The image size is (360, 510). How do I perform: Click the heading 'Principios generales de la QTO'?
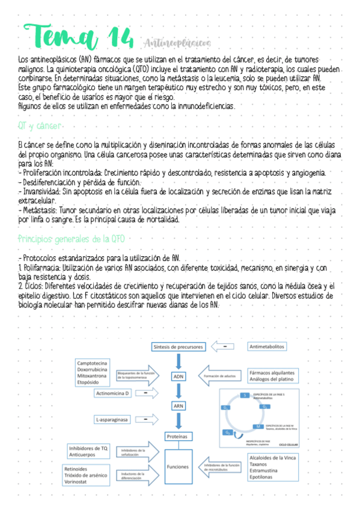tap(71, 239)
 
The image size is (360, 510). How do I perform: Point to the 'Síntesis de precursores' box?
tap(178, 347)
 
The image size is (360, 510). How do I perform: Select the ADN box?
tap(178, 376)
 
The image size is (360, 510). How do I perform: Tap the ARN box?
tap(178, 406)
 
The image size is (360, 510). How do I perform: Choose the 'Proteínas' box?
tap(178, 435)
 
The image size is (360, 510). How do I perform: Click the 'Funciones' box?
tap(178, 466)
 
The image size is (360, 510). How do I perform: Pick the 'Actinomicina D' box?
tap(113, 393)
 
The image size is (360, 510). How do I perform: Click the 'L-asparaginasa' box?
tap(112, 419)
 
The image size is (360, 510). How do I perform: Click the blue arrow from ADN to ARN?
tap(178, 391)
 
